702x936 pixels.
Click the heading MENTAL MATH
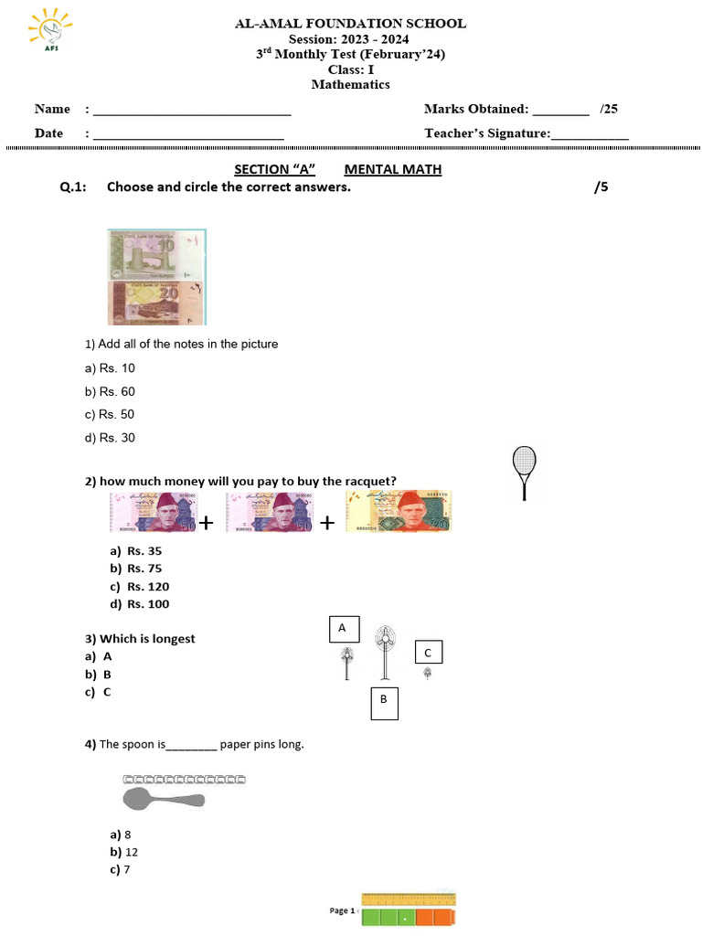tap(392, 169)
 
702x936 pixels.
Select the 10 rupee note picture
tap(156, 254)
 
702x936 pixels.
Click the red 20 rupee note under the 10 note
tap(156, 302)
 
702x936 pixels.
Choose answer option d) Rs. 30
tap(110, 438)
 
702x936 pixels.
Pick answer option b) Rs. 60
tap(110, 391)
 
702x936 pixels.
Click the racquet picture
tap(525, 471)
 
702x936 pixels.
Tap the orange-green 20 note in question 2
tap(398, 512)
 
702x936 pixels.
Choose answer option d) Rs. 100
tap(139, 604)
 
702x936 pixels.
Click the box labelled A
tap(343, 629)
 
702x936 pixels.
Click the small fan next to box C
tap(427, 674)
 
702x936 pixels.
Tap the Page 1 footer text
tap(341, 910)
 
